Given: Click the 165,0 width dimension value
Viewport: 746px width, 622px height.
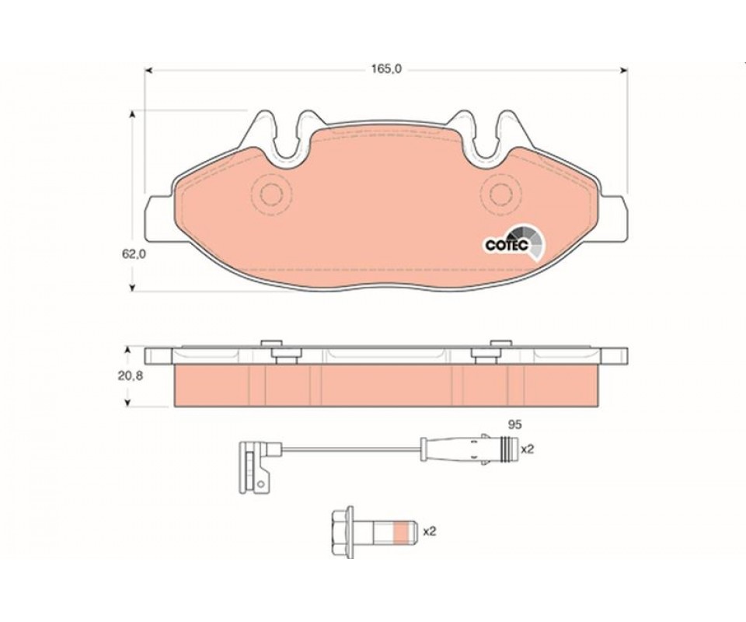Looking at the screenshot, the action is pyautogui.click(x=386, y=69).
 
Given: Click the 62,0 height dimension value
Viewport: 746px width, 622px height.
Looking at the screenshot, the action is pyautogui.click(x=134, y=254).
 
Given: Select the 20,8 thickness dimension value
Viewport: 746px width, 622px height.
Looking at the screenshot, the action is pyautogui.click(x=131, y=376).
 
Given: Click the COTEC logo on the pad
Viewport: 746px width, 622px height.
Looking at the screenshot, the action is pyautogui.click(x=514, y=243).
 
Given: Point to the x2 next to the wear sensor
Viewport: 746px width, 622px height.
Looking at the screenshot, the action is pyautogui.click(x=527, y=449).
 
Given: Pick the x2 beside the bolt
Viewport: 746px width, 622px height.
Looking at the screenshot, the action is pyautogui.click(x=430, y=531).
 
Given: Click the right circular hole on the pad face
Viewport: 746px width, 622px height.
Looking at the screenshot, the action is pyautogui.click(x=501, y=194).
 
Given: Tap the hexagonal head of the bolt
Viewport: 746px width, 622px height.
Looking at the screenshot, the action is pyautogui.click(x=343, y=532).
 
